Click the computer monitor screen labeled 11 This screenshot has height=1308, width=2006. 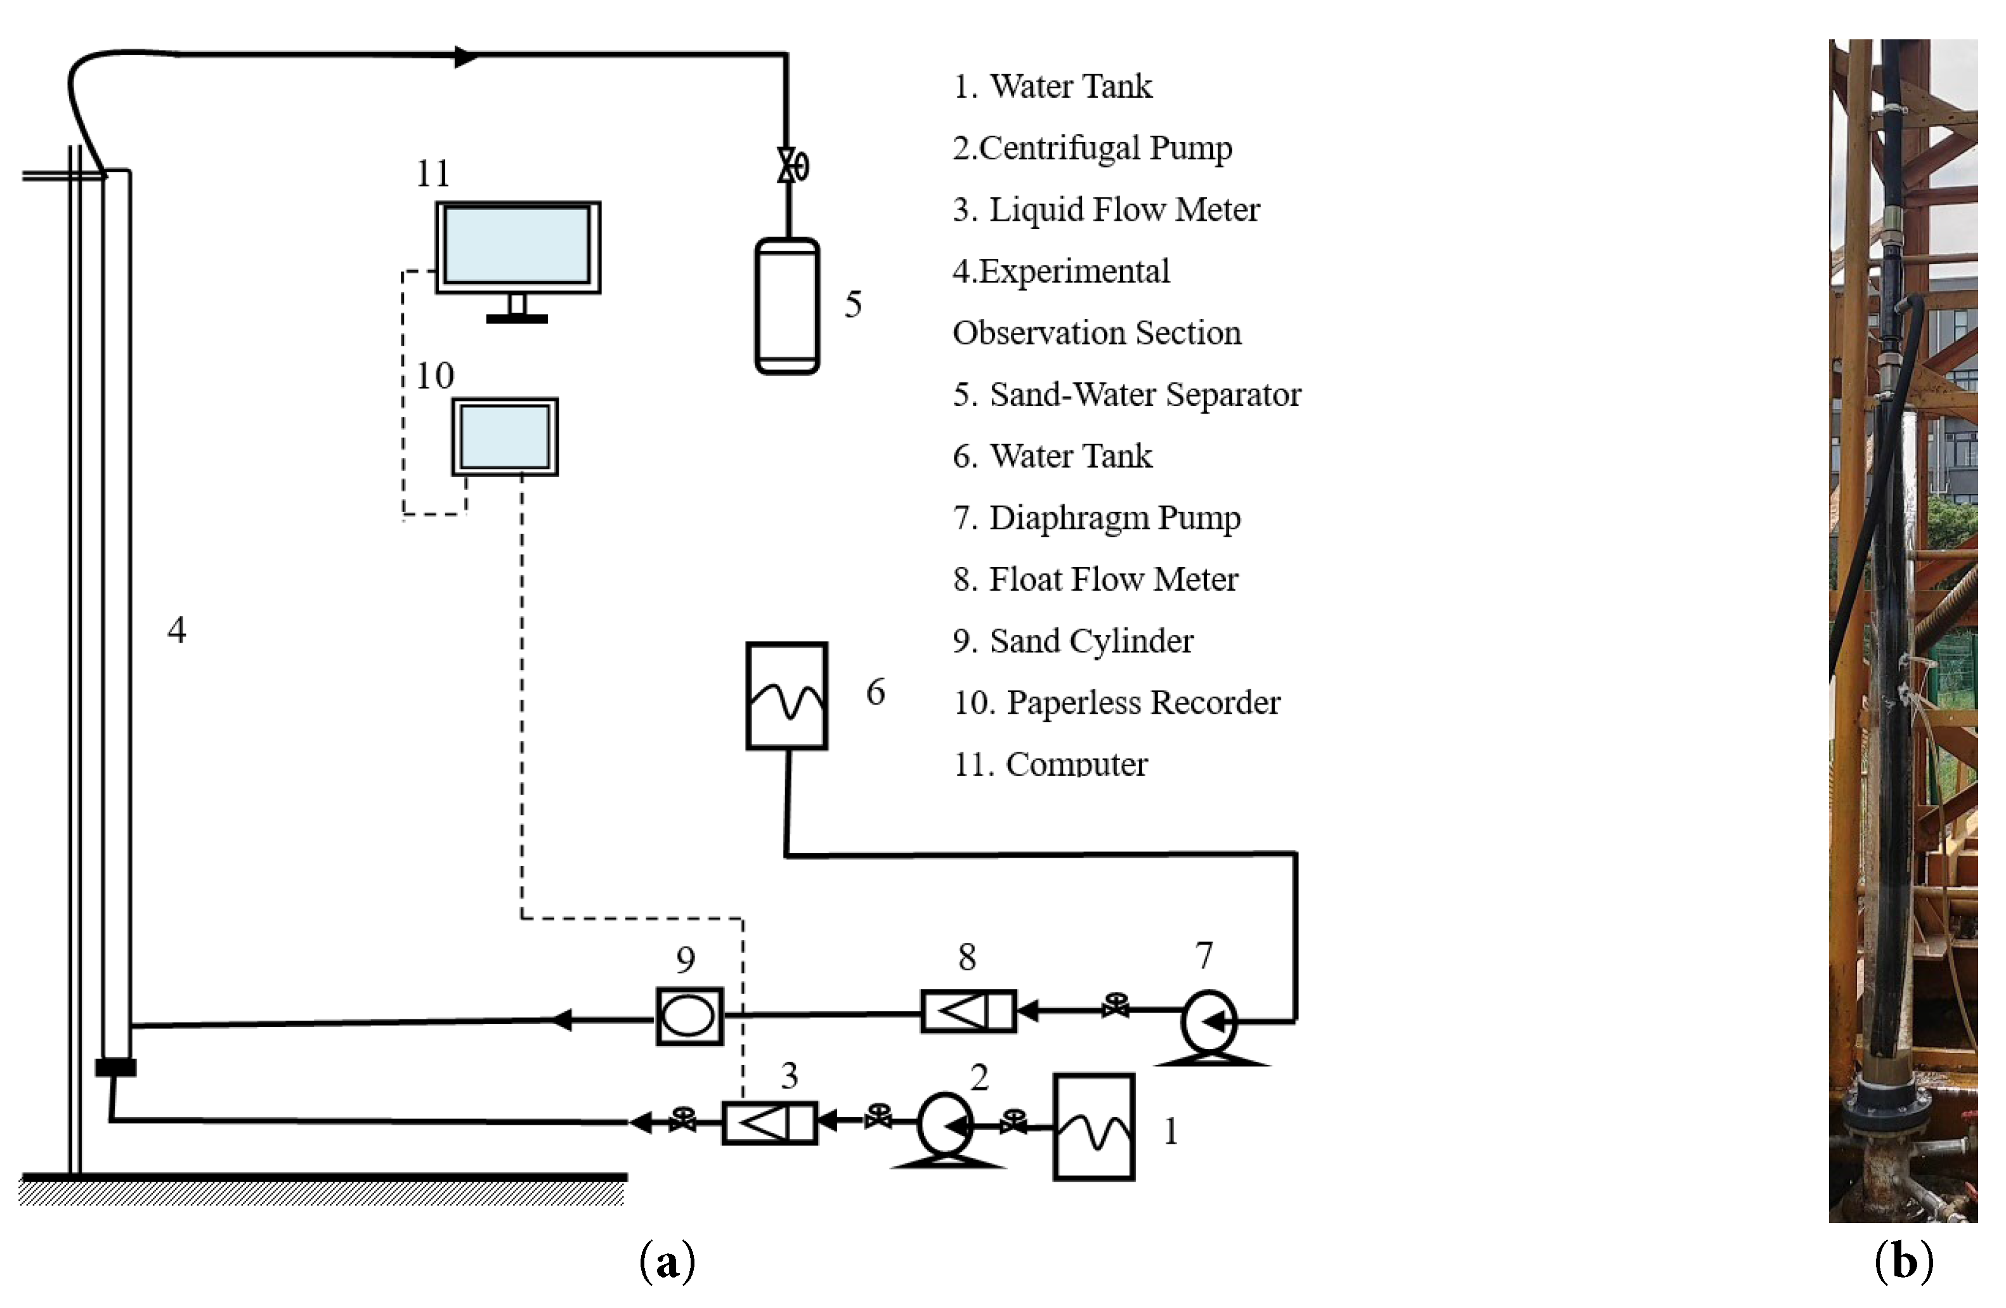[x=518, y=246]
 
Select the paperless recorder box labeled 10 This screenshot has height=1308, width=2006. [x=505, y=436]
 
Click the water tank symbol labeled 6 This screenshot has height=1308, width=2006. [x=786, y=695]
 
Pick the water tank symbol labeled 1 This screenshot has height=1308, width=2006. [x=1093, y=1127]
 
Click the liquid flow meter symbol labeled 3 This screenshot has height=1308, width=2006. [x=769, y=1123]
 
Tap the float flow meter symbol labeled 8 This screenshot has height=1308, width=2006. [x=968, y=1010]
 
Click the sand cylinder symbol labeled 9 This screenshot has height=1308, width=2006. [x=689, y=1016]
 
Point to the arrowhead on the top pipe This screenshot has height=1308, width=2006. [x=466, y=56]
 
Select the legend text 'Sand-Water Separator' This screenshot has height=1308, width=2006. [x=1145, y=395]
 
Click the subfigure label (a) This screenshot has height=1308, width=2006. [x=668, y=1262]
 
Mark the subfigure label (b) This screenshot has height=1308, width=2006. [x=1904, y=1262]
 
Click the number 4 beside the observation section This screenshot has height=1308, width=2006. [x=176, y=629]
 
